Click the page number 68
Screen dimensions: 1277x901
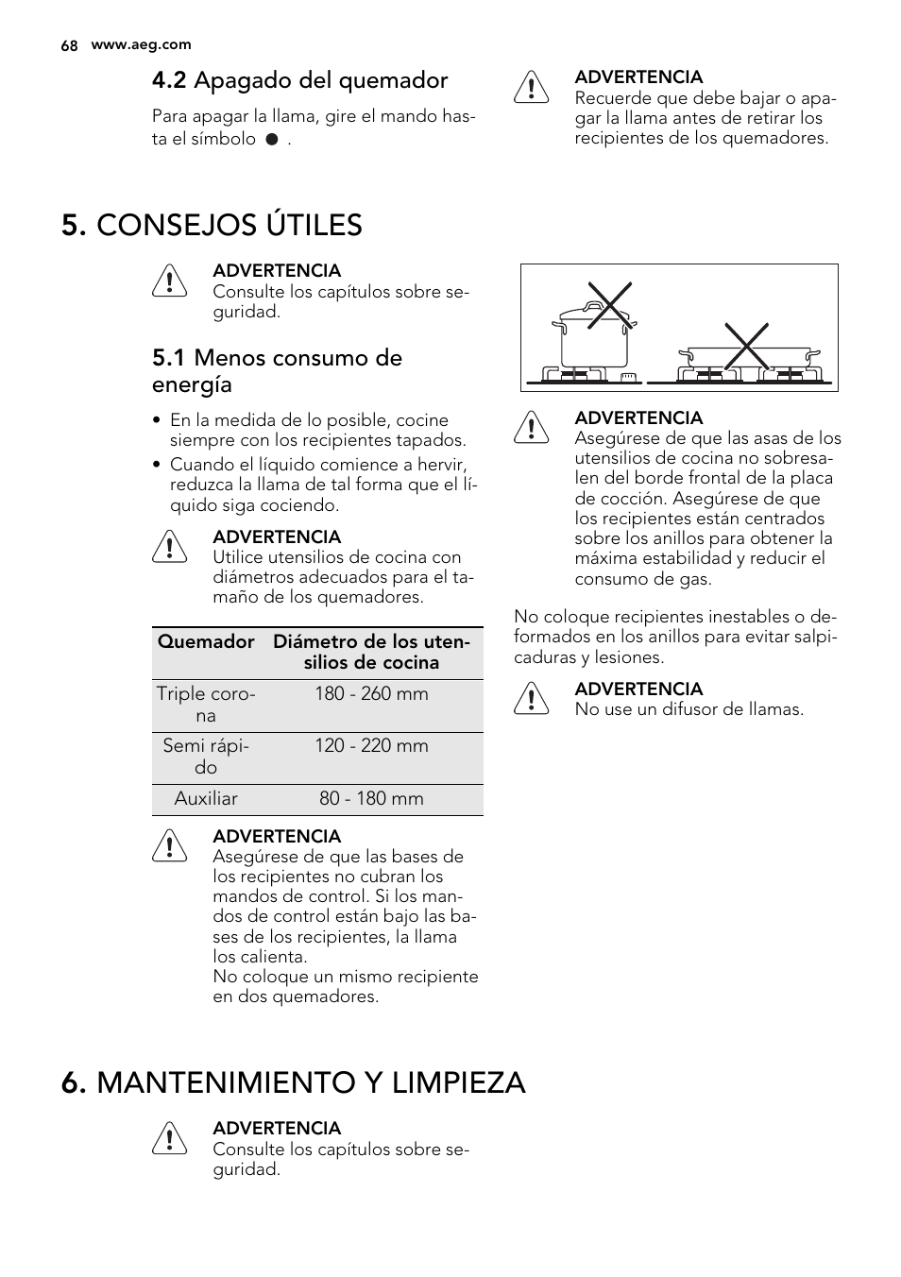68,45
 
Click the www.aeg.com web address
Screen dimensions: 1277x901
141,44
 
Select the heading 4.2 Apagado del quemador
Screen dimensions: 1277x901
299,80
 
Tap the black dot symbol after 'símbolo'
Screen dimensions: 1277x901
271,139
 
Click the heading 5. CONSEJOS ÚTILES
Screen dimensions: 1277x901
212,225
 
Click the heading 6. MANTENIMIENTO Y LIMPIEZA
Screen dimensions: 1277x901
293,1081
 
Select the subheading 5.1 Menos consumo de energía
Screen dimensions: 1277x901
277,370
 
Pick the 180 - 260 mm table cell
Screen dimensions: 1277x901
371,693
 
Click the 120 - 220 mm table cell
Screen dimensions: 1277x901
371,745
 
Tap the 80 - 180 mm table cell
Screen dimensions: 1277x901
371,798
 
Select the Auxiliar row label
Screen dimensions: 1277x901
206,798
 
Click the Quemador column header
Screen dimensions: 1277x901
206,641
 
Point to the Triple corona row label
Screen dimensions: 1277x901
206,704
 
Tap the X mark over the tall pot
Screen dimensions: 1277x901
609,305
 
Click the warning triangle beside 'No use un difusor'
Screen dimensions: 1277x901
532,699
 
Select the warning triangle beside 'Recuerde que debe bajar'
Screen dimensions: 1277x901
532,87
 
